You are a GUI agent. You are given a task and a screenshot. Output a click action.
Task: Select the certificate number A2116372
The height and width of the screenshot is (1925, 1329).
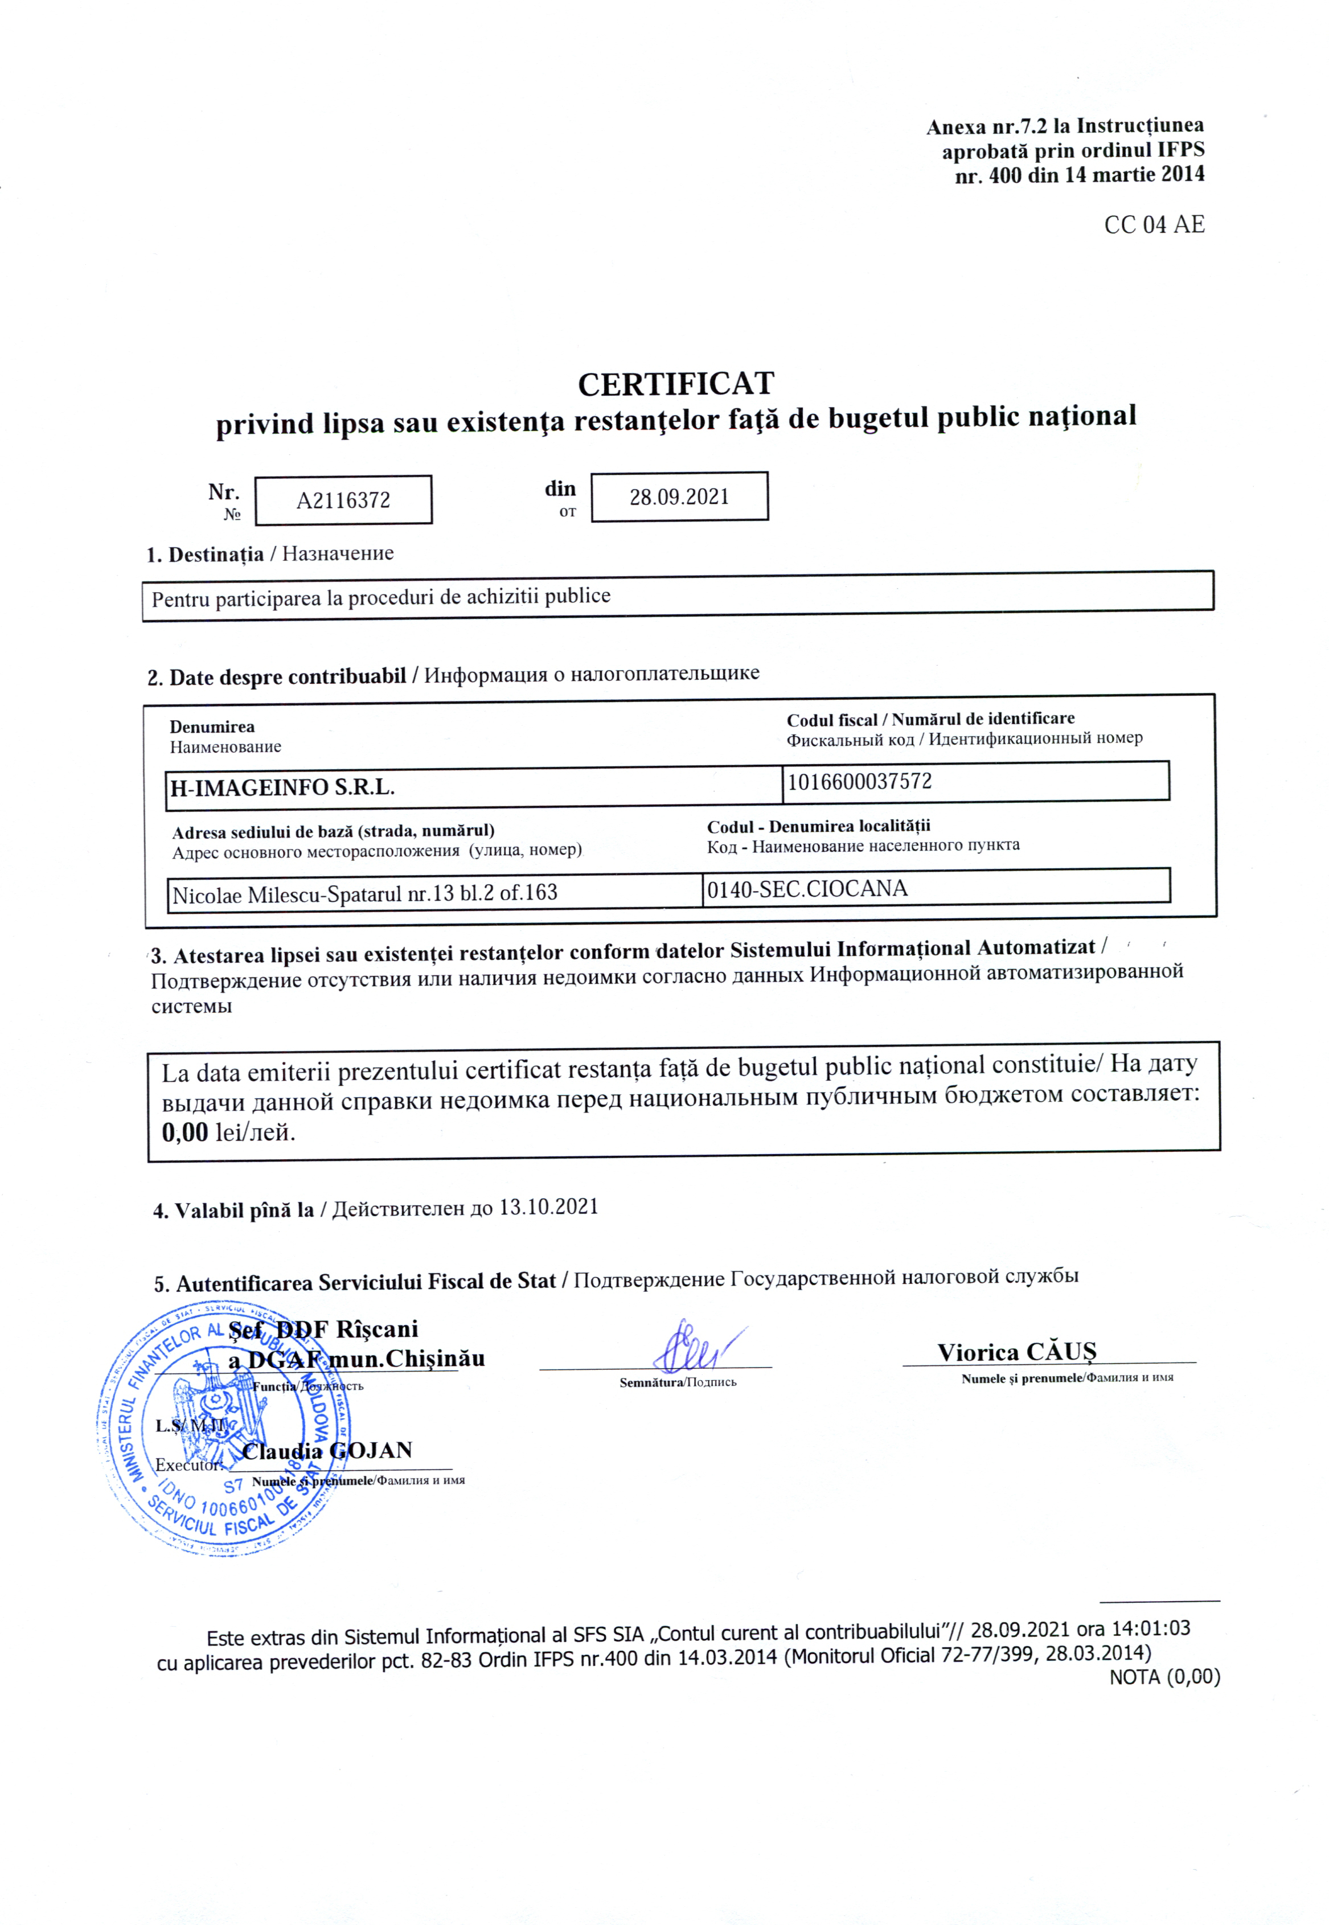(x=343, y=500)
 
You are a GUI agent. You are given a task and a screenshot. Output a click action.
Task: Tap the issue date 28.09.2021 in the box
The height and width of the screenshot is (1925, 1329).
(x=679, y=497)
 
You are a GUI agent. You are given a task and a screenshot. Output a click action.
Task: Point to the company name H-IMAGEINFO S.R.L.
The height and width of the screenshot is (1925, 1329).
(x=282, y=787)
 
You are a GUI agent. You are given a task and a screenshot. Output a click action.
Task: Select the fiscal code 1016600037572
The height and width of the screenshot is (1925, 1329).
(x=859, y=782)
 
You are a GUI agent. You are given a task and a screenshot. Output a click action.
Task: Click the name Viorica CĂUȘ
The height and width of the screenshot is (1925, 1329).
(x=1016, y=1352)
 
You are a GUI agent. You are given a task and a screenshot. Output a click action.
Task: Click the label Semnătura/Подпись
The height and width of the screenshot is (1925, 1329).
(x=678, y=1383)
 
